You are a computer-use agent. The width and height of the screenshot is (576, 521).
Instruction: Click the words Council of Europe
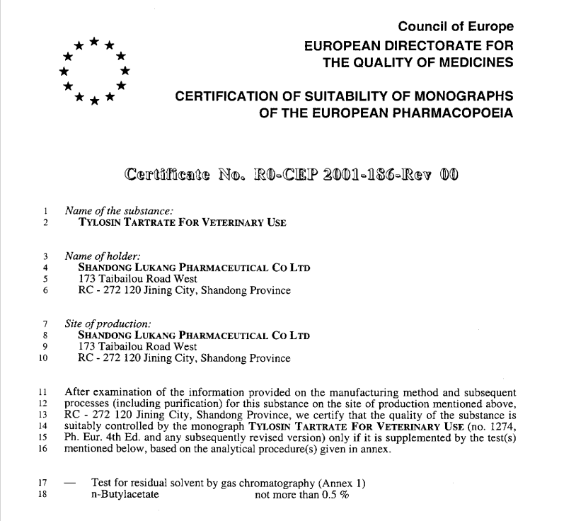click(x=456, y=27)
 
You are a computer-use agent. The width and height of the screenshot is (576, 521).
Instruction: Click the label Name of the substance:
click(x=118, y=210)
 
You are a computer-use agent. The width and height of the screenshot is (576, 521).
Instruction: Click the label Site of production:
click(x=108, y=324)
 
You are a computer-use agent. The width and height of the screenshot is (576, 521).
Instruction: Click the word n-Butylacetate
click(x=125, y=495)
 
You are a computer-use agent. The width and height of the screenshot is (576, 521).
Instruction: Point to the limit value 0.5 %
click(x=335, y=495)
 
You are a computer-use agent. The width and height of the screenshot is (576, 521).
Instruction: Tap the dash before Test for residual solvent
click(x=69, y=483)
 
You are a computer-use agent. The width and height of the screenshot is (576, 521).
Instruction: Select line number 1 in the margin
click(x=45, y=210)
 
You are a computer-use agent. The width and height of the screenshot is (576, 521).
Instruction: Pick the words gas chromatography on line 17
click(x=270, y=483)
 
